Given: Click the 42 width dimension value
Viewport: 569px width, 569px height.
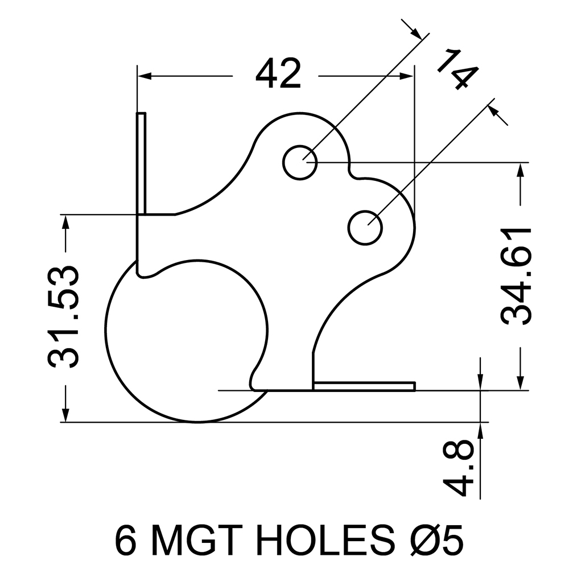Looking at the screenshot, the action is point(278,74).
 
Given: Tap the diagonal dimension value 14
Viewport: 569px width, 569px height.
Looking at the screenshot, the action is point(457,69).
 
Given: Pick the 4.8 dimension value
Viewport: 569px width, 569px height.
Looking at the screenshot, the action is point(458,468).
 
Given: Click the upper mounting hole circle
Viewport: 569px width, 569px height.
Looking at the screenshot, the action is point(300,146).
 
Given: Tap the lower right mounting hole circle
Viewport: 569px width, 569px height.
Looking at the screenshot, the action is point(365,210).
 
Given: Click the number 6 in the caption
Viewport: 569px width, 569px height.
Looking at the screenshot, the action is point(127,542).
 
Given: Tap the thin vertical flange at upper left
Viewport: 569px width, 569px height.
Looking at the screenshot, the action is point(142,164).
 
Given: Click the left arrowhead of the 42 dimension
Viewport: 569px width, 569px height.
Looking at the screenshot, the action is point(144,76).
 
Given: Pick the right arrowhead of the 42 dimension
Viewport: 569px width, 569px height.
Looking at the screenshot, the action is point(406,76).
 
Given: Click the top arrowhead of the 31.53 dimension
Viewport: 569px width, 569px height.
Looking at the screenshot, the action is point(65,222).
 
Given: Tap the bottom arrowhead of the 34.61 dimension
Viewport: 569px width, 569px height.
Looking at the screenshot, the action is point(521,383).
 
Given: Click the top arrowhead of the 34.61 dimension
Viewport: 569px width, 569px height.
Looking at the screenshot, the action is point(521,170).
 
